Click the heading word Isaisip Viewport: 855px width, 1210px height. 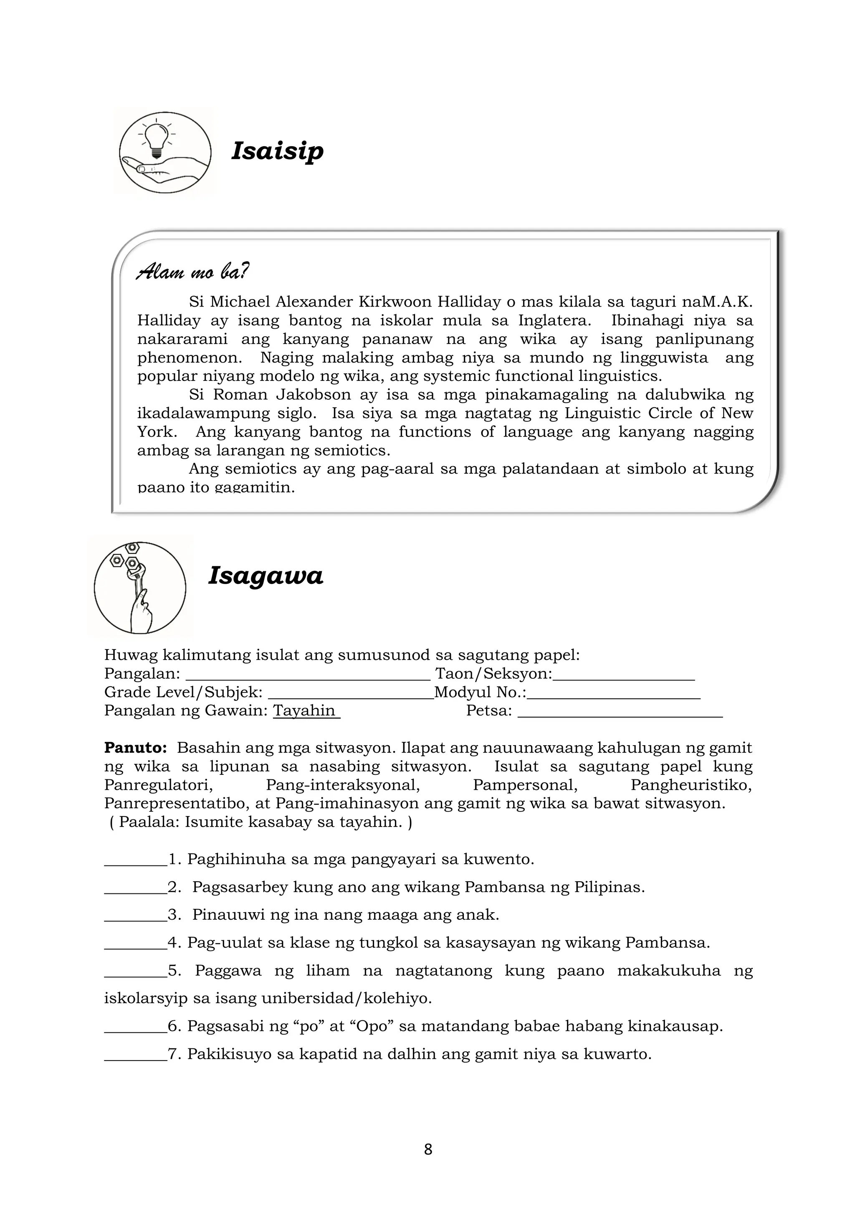277,151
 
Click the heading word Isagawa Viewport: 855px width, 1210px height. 266,576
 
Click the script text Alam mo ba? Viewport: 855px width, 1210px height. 192,272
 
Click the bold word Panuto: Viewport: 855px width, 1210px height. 135,748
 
